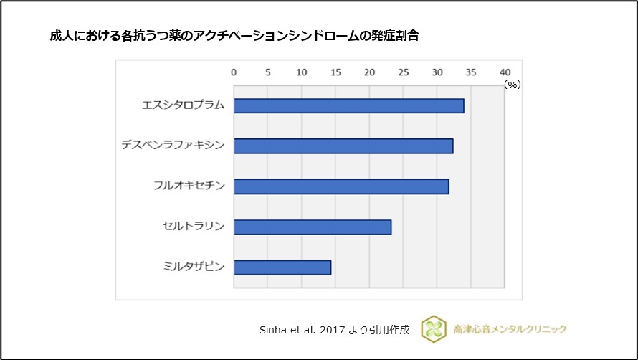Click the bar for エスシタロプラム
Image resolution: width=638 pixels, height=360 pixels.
coord(348,105)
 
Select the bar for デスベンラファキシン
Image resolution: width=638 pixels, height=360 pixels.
coord(343,146)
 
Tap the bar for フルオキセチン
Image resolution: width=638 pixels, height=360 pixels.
coord(341,186)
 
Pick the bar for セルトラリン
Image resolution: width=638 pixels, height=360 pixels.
coord(313,227)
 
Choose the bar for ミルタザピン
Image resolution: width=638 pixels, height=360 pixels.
coord(282,267)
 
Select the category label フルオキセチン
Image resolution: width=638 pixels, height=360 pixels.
coord(189,186)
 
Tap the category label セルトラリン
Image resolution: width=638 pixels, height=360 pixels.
coord(194,227)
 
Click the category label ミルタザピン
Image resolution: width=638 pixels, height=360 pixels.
coord(194,267)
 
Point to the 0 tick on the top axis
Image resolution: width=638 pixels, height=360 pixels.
coord(234,72)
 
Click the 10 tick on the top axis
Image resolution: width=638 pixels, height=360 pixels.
coord(301,72)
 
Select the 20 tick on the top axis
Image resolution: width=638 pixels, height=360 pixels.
coord(369,72)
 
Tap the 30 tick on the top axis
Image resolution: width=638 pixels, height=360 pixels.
coord(437,72)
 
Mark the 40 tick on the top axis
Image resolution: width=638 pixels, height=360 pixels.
coord(505,72)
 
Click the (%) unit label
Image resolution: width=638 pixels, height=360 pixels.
coord(512,85)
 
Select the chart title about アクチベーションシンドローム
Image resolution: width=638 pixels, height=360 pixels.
coord(234,36)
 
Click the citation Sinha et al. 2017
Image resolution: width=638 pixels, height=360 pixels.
coord(334,330)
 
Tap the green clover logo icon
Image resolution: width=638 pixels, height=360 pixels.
coord(434,328)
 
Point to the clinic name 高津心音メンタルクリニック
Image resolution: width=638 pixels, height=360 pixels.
coord(510,329)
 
